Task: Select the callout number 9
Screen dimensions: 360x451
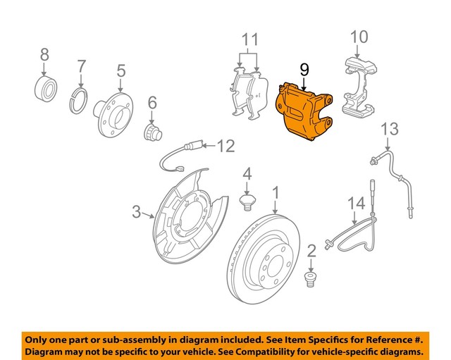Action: tap(304, 69)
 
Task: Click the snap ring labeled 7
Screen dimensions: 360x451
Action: tap(80, 99)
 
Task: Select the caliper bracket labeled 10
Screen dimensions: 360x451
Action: tap(360, 88)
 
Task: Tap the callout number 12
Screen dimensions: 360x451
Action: tap(225, 147)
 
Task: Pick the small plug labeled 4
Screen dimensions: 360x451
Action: tap(247, 204)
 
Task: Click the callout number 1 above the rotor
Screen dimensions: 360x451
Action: tap(276, 192)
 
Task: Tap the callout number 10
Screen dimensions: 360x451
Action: tap(359, 35)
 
